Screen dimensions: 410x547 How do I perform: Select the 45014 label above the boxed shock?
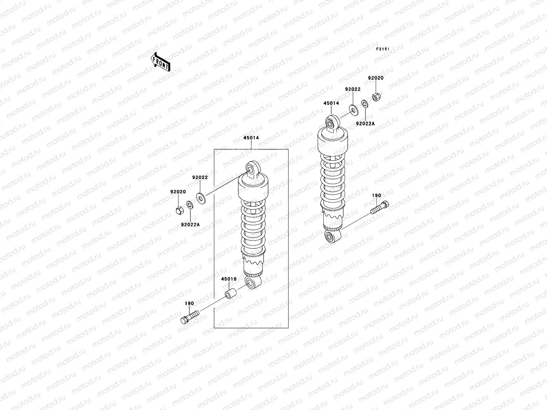coord(251,138)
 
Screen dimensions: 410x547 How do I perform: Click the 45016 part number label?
coord(229,279)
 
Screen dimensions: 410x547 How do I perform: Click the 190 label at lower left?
coord(189,303)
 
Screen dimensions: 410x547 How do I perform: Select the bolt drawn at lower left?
coord(189,316)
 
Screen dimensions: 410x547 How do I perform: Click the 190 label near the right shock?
coord(376,196)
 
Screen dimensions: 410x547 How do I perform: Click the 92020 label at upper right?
coord(376,78)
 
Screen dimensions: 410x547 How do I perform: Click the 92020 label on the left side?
coord(178,192)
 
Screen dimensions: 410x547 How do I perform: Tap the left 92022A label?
coord(190,224)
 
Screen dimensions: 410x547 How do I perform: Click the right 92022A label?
coord(365,123)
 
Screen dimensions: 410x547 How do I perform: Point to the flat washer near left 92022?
coord(200,197)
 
